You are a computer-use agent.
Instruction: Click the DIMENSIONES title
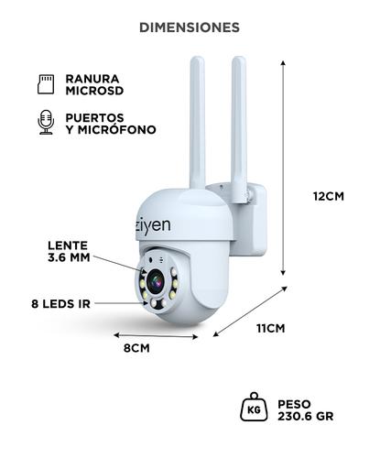point(190,27)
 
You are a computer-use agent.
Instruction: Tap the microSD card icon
point(44,84)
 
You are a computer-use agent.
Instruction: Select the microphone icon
point(44,123)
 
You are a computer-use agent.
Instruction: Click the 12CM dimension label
point(328,196)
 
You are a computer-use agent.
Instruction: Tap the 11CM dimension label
point(271,328)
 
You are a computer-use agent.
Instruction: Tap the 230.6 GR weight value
point(306,415)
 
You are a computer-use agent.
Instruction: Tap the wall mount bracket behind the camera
point(252,220)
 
